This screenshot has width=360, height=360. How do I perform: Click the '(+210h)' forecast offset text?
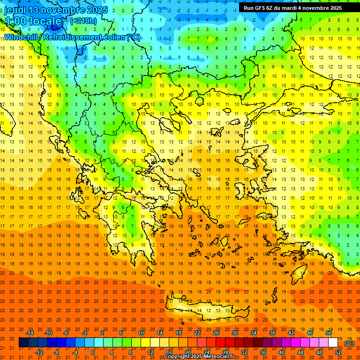[83, 21]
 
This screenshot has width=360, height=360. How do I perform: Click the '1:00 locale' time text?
[33, 21]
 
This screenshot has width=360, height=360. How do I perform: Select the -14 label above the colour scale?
[30, 333]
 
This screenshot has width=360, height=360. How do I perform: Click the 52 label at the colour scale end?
[338, 352]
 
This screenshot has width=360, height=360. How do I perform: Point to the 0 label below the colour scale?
[92, 352]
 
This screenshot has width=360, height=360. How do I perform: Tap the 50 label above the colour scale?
[329, 333]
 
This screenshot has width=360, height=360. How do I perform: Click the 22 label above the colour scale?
[197, 333]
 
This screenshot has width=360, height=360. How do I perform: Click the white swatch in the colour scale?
[333, 343]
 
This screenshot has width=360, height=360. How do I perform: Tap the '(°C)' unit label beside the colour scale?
[349, 343]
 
